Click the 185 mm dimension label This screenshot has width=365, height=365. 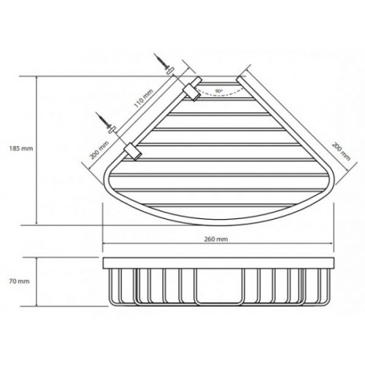pyautogui.click(x=21, y=148)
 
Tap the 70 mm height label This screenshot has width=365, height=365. pyautogui.click(x=19, y=281)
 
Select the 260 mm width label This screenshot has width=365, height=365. pyautogui.click(x=216, y=239)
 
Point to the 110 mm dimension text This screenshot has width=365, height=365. pyautogui.click(x=144, y=99)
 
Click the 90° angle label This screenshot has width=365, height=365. pyautogui.click(x=219, y=91)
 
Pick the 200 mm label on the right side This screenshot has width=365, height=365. pyautogui.click(x=341, y=151)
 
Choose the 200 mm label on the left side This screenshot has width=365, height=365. pyautogui.click(x=99, y=150)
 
